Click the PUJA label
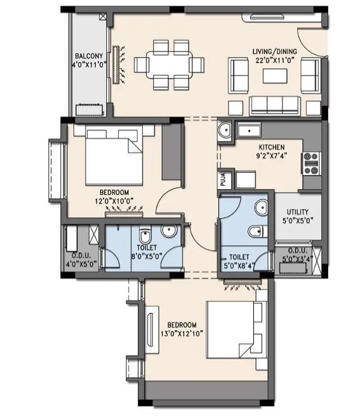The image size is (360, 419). (223, 179)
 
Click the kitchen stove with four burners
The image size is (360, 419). (311, 163)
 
